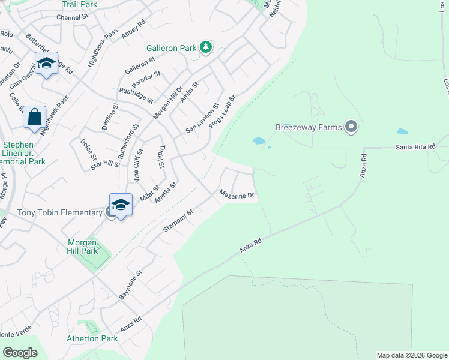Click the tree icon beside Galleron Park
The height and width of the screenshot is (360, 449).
coord(206,47)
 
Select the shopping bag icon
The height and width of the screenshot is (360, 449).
coord(34,116)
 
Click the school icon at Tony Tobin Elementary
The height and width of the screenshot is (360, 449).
coord(121,204)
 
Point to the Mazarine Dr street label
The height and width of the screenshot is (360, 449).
coord(237,195)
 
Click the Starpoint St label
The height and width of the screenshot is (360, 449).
coord(178,221)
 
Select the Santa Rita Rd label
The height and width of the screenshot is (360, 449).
coord(415,148)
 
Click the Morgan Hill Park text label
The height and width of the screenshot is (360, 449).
coord(82,247)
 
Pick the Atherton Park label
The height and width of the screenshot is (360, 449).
coord(92,338)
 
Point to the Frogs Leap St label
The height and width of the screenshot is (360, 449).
coord(223,108)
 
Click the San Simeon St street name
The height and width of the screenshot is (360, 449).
coord(202,118)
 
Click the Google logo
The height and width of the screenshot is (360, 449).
coord(20,352)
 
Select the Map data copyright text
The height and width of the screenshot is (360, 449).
coord(411,355)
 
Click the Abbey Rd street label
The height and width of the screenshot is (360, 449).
coord(133,30)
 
